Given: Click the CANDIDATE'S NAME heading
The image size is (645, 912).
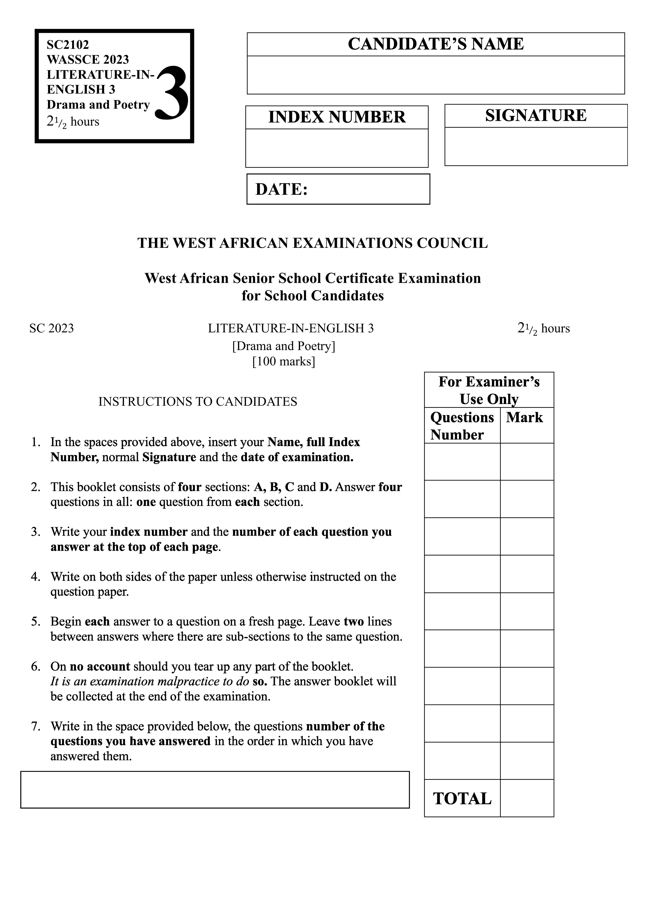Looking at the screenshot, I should coord(436,44).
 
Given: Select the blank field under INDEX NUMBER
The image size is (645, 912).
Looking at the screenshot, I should coord(337,148).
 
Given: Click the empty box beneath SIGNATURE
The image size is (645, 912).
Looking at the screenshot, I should coord(536,146).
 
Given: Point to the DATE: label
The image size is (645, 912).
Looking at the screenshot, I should coord(281,189).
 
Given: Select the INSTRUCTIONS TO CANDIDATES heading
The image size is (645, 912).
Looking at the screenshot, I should coord(198,402).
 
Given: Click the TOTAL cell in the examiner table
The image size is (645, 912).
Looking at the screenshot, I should coord(462,798).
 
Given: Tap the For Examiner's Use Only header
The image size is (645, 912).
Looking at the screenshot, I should coord(489,390).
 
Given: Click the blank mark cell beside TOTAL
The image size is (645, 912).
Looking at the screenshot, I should coord(526,798).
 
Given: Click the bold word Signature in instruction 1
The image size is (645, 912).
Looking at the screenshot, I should coord(169,457).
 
